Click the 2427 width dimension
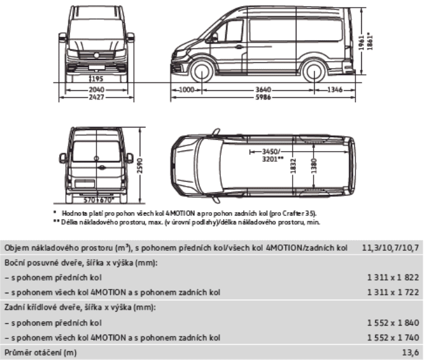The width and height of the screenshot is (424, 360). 96,99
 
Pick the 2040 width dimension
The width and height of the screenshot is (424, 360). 96,90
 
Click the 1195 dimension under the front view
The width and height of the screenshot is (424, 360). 96,79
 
